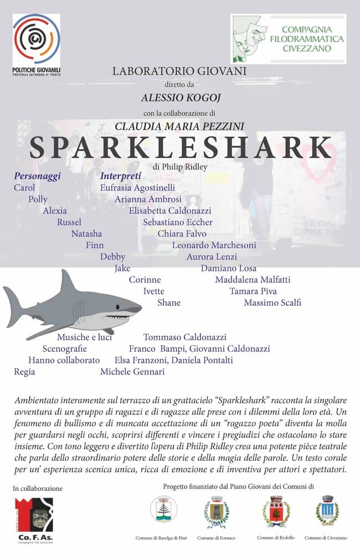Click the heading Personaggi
point(37,176)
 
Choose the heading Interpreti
point(121,176)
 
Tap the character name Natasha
point(86,234)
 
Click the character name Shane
point(169,303)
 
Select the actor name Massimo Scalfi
point(272,303)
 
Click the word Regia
point(24,372)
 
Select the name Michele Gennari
point(132,372)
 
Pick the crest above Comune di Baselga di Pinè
point(164,509)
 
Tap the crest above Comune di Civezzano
point(327,510)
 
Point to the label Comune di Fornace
point(217,538)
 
